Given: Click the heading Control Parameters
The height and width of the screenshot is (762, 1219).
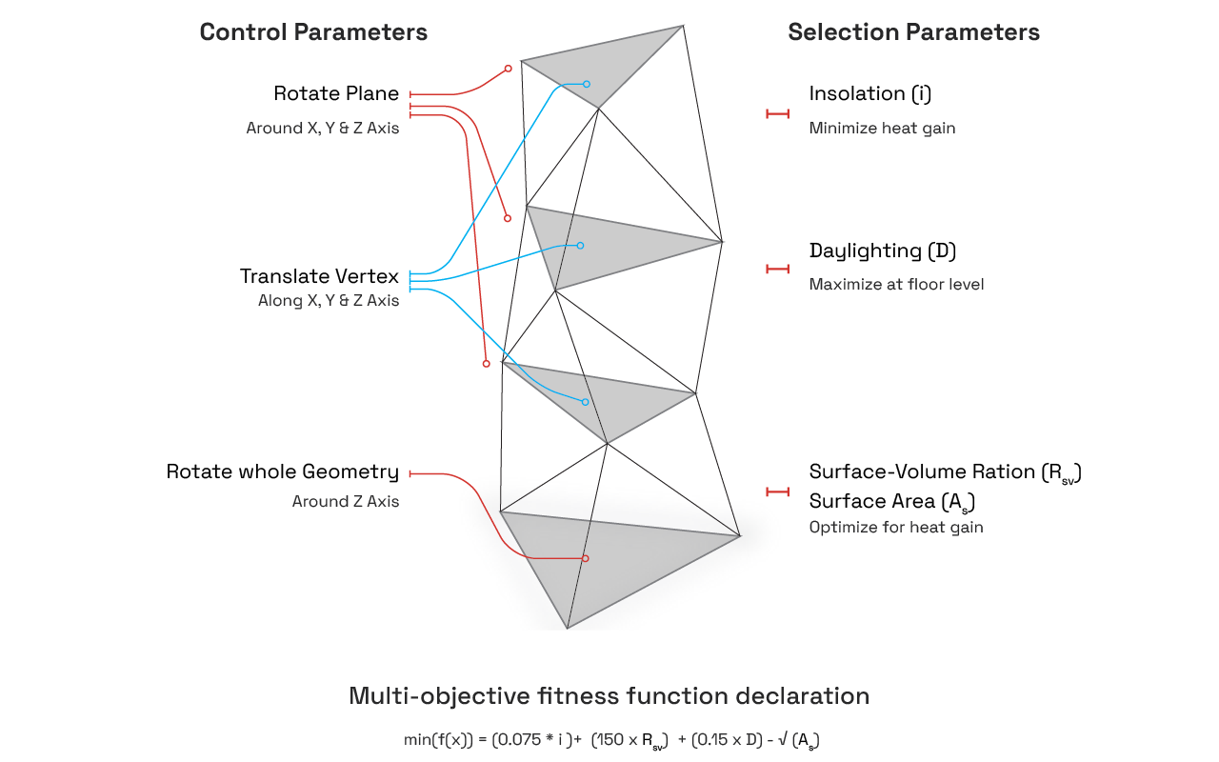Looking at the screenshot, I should point(313,32).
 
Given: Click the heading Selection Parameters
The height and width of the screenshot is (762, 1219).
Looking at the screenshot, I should point(913,32).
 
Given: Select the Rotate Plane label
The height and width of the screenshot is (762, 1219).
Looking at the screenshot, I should point(335,93).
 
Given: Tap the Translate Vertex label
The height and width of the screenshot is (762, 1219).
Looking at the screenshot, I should point(319,276).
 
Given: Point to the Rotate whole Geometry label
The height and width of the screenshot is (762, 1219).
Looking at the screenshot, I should point(282,471).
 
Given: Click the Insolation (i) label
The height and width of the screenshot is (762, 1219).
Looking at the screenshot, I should point(869,93).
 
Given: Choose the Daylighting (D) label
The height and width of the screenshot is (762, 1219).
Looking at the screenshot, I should point(882,251).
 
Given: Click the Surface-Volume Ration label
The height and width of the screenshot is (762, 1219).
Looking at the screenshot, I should point(945,472).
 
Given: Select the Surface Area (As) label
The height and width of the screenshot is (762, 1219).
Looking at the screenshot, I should point(891,501).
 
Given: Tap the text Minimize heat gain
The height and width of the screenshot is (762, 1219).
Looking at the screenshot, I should point(882,128).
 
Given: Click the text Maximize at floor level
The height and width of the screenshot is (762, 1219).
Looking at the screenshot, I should point(896,284).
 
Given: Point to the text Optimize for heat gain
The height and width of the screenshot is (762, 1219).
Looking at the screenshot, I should point(896,527).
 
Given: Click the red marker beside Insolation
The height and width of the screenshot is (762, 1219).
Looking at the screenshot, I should point(778,114).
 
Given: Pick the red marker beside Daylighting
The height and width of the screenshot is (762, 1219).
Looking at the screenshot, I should point(778,270).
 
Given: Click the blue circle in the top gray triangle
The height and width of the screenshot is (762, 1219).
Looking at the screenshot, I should point(587,84).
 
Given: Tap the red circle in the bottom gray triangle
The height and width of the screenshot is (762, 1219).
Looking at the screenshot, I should point(585,558).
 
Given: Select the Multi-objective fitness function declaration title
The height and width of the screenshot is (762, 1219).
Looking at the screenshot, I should point(609,696).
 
